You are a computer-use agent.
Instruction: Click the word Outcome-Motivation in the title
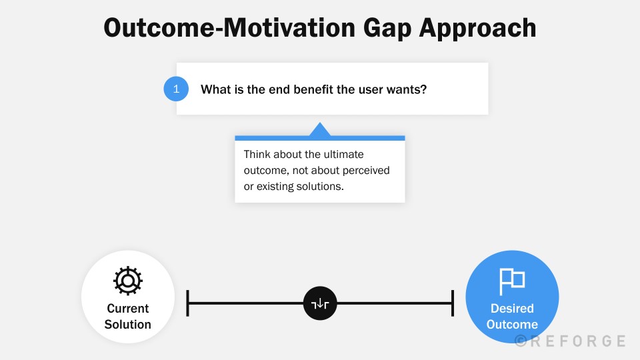point(229,28)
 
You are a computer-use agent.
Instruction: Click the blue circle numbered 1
point(176,89)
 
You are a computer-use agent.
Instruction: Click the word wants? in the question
point(407,89)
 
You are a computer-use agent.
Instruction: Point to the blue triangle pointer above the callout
point(320,130)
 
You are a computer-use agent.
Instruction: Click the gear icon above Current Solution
point(128,281)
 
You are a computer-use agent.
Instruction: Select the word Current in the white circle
point(128,308)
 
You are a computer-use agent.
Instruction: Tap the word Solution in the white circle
point(128,324)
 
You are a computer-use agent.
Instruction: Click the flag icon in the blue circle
point(512,281)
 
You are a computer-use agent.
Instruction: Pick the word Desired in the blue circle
point(512,308)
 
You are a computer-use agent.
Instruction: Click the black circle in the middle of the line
point(320,303)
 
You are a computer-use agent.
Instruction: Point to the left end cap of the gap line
point(187,303)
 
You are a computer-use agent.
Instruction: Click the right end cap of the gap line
point(453,303)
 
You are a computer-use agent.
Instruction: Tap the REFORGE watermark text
point(570,341)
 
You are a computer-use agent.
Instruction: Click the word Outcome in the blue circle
point(512,324)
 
